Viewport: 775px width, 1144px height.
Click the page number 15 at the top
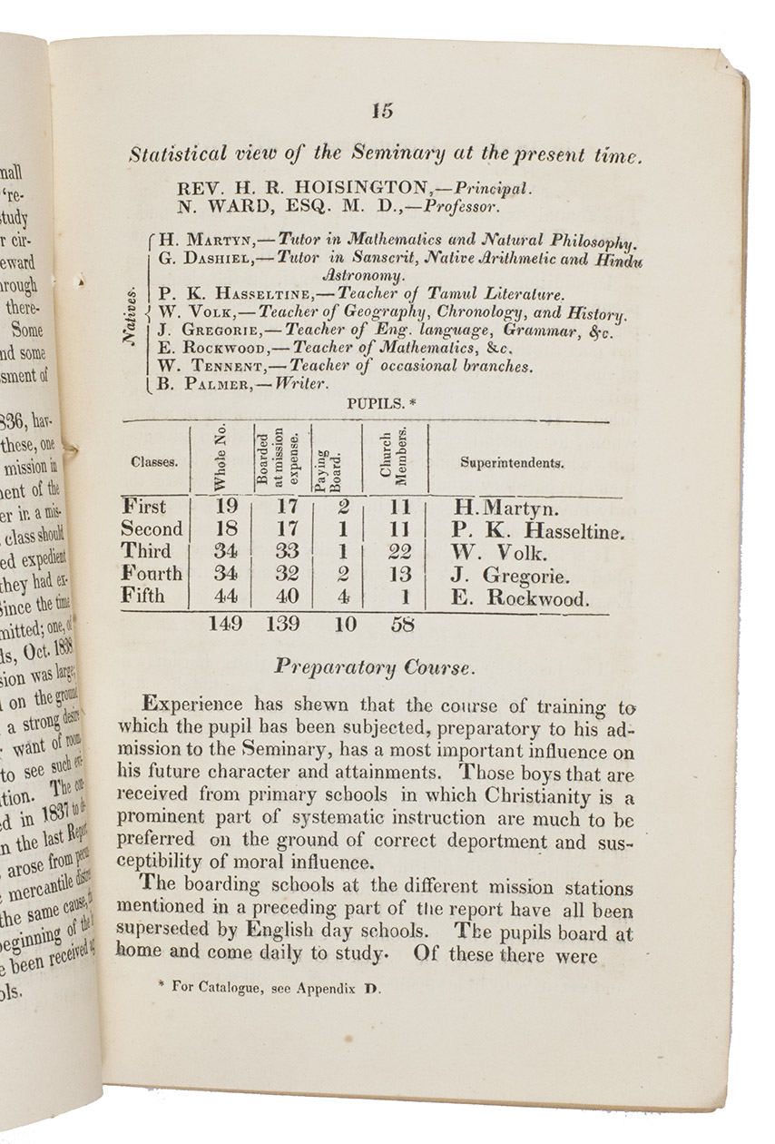click(382, 112)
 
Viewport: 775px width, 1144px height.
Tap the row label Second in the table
click(152, 529)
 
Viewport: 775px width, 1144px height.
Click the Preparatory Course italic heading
click(373, 668)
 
